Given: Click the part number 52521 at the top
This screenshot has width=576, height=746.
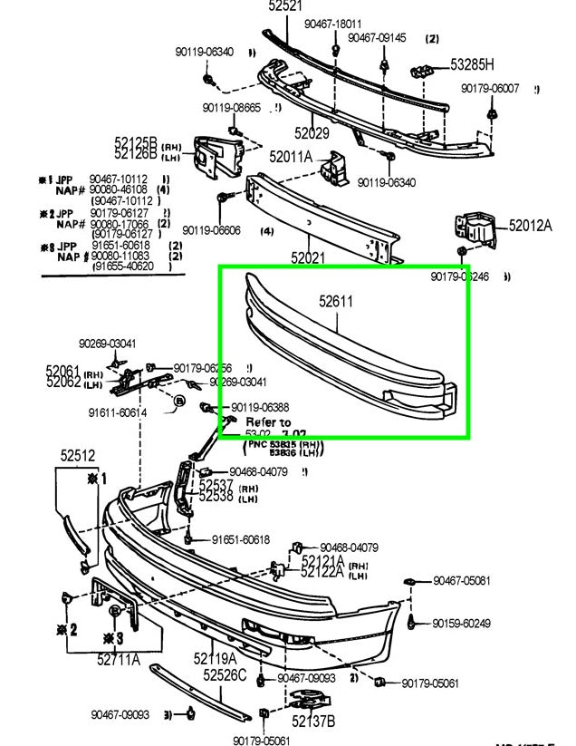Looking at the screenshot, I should (x=287, y=6).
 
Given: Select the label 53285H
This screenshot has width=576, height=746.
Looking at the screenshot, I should (x=473, y=64).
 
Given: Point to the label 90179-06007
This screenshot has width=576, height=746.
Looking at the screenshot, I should (x=489, y=88).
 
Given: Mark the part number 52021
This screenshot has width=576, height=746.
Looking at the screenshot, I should (x=308, y=258).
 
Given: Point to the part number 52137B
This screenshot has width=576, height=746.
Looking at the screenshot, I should (x=313, y=721).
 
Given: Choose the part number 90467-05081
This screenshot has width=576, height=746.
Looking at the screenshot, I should (x=462, y=580).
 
